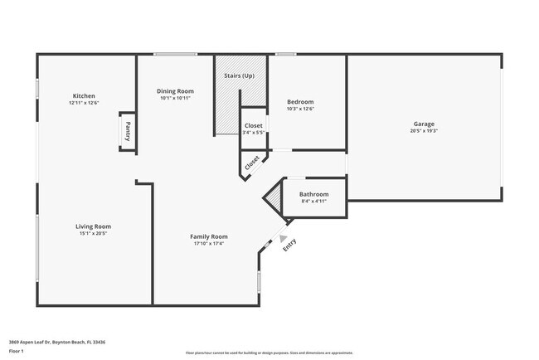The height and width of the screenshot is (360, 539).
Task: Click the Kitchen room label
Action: pyautogui.click(x=84, y=95)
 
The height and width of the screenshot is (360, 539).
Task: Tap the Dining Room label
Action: pyautogui.click(x=176, y=90)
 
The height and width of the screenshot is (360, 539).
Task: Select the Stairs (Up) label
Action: pyautogui.click(x=239, y=75)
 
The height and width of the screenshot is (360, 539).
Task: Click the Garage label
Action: pyautogui.click(x=423, y=124)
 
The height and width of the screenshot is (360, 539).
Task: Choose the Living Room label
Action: pyautogui.click(x=94, y=226)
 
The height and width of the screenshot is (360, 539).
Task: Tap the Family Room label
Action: pyautogui.click(x=209, y=236)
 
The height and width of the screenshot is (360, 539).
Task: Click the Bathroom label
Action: pyautogui.click(x=313, y=194)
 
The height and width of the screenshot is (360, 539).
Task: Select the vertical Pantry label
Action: pyautogui.click(x=128, y=132)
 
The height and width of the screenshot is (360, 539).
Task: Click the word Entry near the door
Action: pyautogui.click(x=289, y=246)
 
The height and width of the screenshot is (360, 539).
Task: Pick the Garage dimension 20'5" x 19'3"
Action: pyautogui.click(x=423, y=131)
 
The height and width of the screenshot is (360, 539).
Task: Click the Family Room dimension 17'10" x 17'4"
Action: pyautogui.click(x=209, y=244)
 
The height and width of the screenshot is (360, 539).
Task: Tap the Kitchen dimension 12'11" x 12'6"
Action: pyautogui.click(x=84, y=103)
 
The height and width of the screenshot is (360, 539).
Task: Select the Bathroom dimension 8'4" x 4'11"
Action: pyautogui.click(x=313, y=202)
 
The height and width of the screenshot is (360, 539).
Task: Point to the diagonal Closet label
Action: pyautogui.click(x=252, y=162)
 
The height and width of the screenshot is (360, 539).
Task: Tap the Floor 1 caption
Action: pyautogui.click(x=17, y=352)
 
